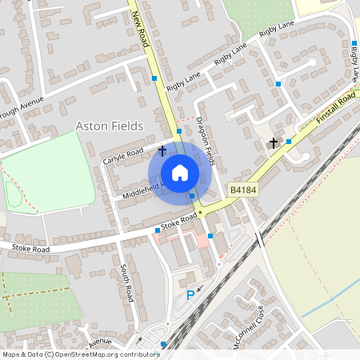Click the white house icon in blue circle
(180, 172)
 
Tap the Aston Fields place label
(110, 126)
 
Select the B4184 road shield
(242, 190)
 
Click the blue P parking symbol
(190, 296)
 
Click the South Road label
(126, 282)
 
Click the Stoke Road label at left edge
(30, 249)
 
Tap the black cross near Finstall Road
(273, 143)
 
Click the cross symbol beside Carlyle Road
(162, 150)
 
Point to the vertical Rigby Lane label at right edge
(354, 65)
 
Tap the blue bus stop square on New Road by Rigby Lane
(154, 78)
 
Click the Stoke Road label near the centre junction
(178, 220)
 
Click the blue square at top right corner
(354, 43)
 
